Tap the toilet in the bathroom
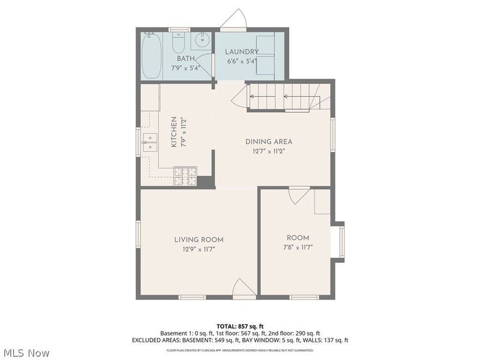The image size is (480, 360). point(179,44)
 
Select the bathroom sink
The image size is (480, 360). point(201,42)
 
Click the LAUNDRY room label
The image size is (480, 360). point(242,52)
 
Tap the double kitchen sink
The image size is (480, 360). point(149,142)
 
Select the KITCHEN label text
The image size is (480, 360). point(173,133)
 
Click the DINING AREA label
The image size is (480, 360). point(268,142)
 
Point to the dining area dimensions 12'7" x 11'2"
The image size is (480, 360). point(268,151)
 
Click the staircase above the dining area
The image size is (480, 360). point(282,96)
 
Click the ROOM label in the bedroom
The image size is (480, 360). point(298,238)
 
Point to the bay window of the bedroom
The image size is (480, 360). point(340,242)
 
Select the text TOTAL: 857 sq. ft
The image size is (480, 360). point(240,326)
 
